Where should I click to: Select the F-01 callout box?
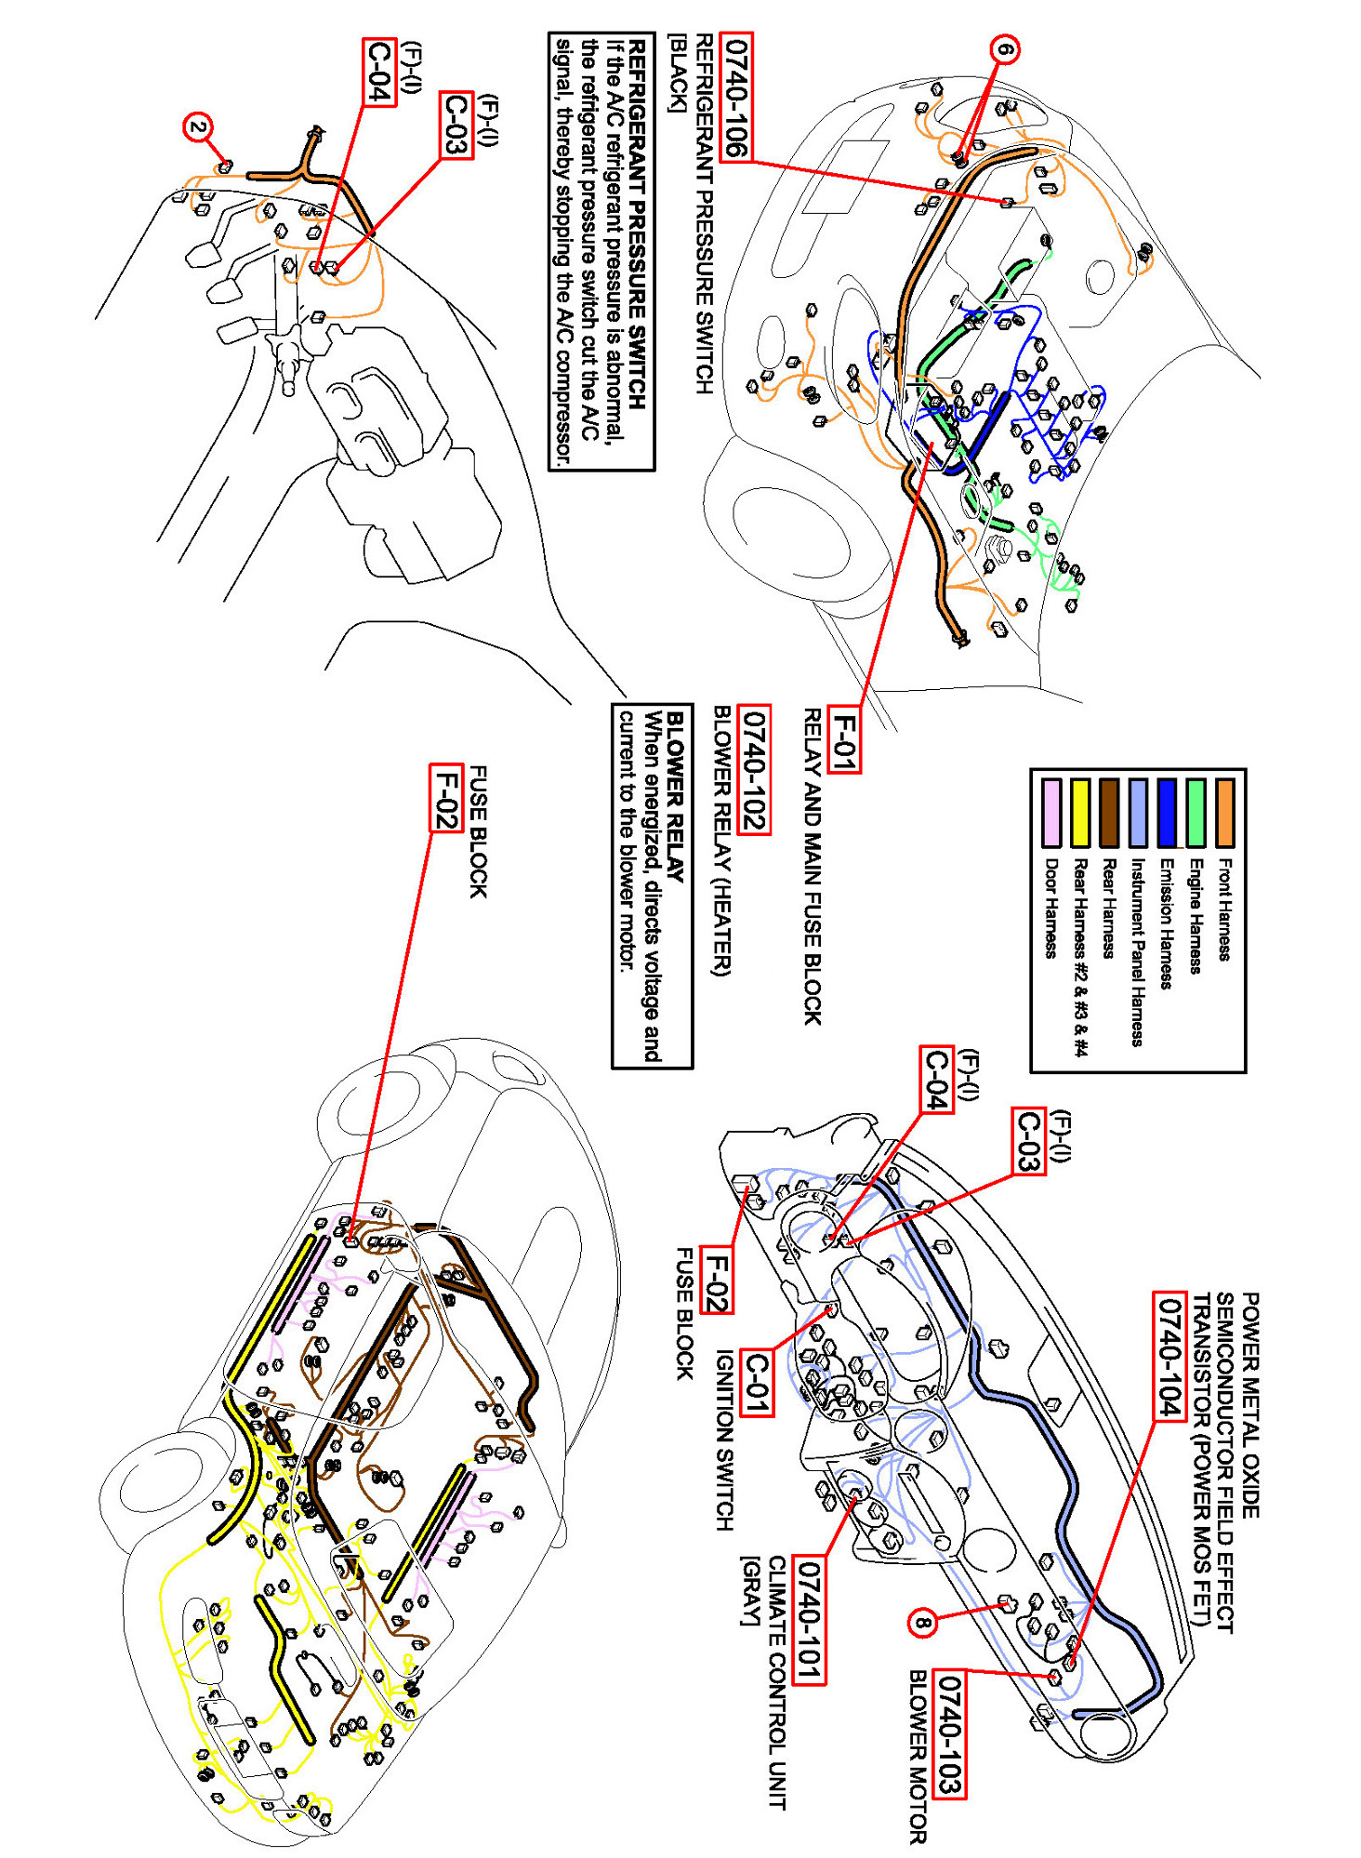(x=843, y=739)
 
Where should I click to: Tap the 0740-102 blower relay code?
(x=754, y=769)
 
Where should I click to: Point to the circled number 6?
(x=1005, y=48)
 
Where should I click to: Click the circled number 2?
(x=198, y=127)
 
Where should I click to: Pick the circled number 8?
(x=921, y=1624)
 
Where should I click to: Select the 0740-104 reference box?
(x=1169, y=1356)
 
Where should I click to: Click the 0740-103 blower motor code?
(x=949, y=1733)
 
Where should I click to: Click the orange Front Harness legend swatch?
(x=1225, y=813)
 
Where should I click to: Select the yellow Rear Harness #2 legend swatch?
(x=1079, y=813)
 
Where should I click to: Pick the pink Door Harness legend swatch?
(x=1050, y=813)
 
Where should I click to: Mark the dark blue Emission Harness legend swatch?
(x=1167, y=813)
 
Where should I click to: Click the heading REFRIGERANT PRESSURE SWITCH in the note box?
(x=637, y=223)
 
